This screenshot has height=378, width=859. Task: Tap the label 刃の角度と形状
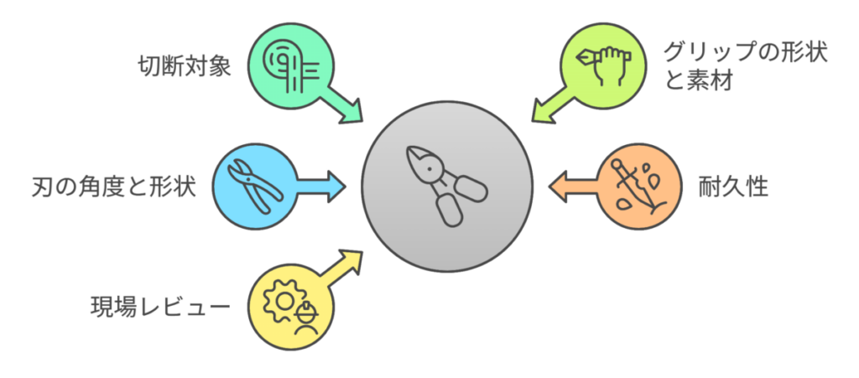click(113, 187)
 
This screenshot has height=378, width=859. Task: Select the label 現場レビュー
click(160, 307)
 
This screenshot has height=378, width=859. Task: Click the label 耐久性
click(733, 187)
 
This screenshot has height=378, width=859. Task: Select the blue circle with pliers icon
click(254, 186)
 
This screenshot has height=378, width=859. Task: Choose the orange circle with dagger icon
click(639, 186)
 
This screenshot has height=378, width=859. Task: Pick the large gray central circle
click(446, 187)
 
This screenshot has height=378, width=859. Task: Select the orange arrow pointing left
click(573, 186)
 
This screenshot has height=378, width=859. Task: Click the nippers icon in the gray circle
click(446, 187)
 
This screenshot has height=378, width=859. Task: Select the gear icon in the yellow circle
click(282, 301)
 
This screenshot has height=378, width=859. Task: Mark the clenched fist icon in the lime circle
click(609, 65)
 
